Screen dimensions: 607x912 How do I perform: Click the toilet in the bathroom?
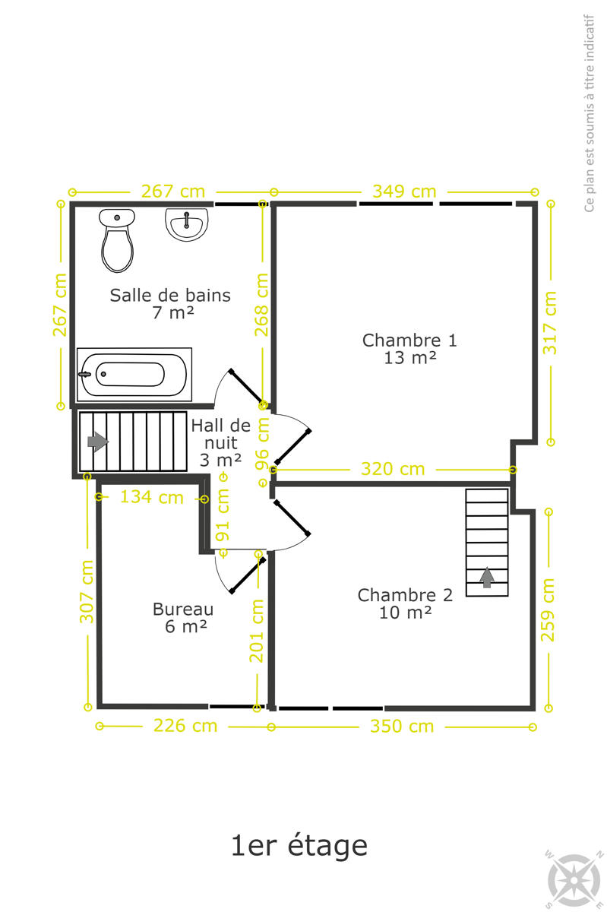(117, 240)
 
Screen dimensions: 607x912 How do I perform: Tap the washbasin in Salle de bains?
(186, 224)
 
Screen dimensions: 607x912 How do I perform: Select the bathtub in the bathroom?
(134, 374)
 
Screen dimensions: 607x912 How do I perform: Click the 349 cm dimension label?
(404, 192)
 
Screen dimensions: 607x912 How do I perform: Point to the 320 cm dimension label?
(393, 469)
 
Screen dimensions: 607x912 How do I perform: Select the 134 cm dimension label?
(152, 497)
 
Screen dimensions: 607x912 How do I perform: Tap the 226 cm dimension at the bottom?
(185, 726)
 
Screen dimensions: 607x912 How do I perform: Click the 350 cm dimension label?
(402, 726)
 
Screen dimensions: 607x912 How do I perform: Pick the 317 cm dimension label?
(549, 322)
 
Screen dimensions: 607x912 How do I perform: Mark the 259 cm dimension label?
(548, 610)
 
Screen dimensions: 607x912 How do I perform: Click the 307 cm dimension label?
(87, 591)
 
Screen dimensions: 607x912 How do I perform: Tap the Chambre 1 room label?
(409, 349)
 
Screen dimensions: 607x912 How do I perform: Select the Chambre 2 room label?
(405, 603)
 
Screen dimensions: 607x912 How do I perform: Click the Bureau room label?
(183, 618)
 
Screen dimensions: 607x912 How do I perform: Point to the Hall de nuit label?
(220, 442)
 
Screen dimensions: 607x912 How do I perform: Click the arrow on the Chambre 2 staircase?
(487, 578)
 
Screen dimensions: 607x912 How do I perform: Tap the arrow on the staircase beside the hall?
(98, 442)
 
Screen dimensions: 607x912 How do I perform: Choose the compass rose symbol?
(574, 879)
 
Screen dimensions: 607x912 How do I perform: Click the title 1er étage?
(299, 846)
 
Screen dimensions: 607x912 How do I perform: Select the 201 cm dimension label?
(257, 631)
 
